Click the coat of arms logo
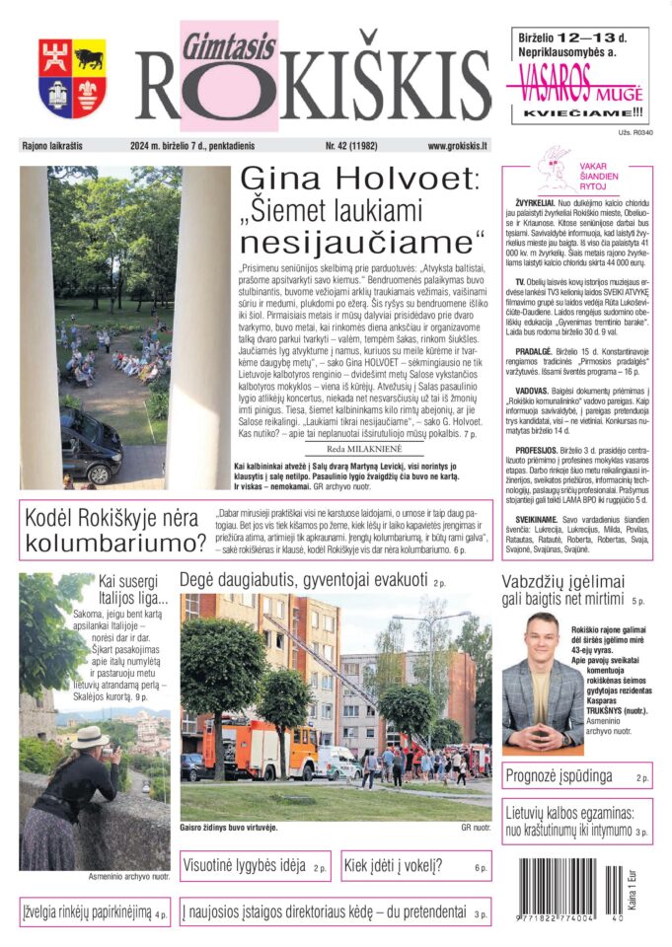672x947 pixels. click(x=72, y=78)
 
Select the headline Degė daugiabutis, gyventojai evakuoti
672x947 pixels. click(x=302, y=581)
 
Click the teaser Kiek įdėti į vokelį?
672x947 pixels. click(x=405, y=867)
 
